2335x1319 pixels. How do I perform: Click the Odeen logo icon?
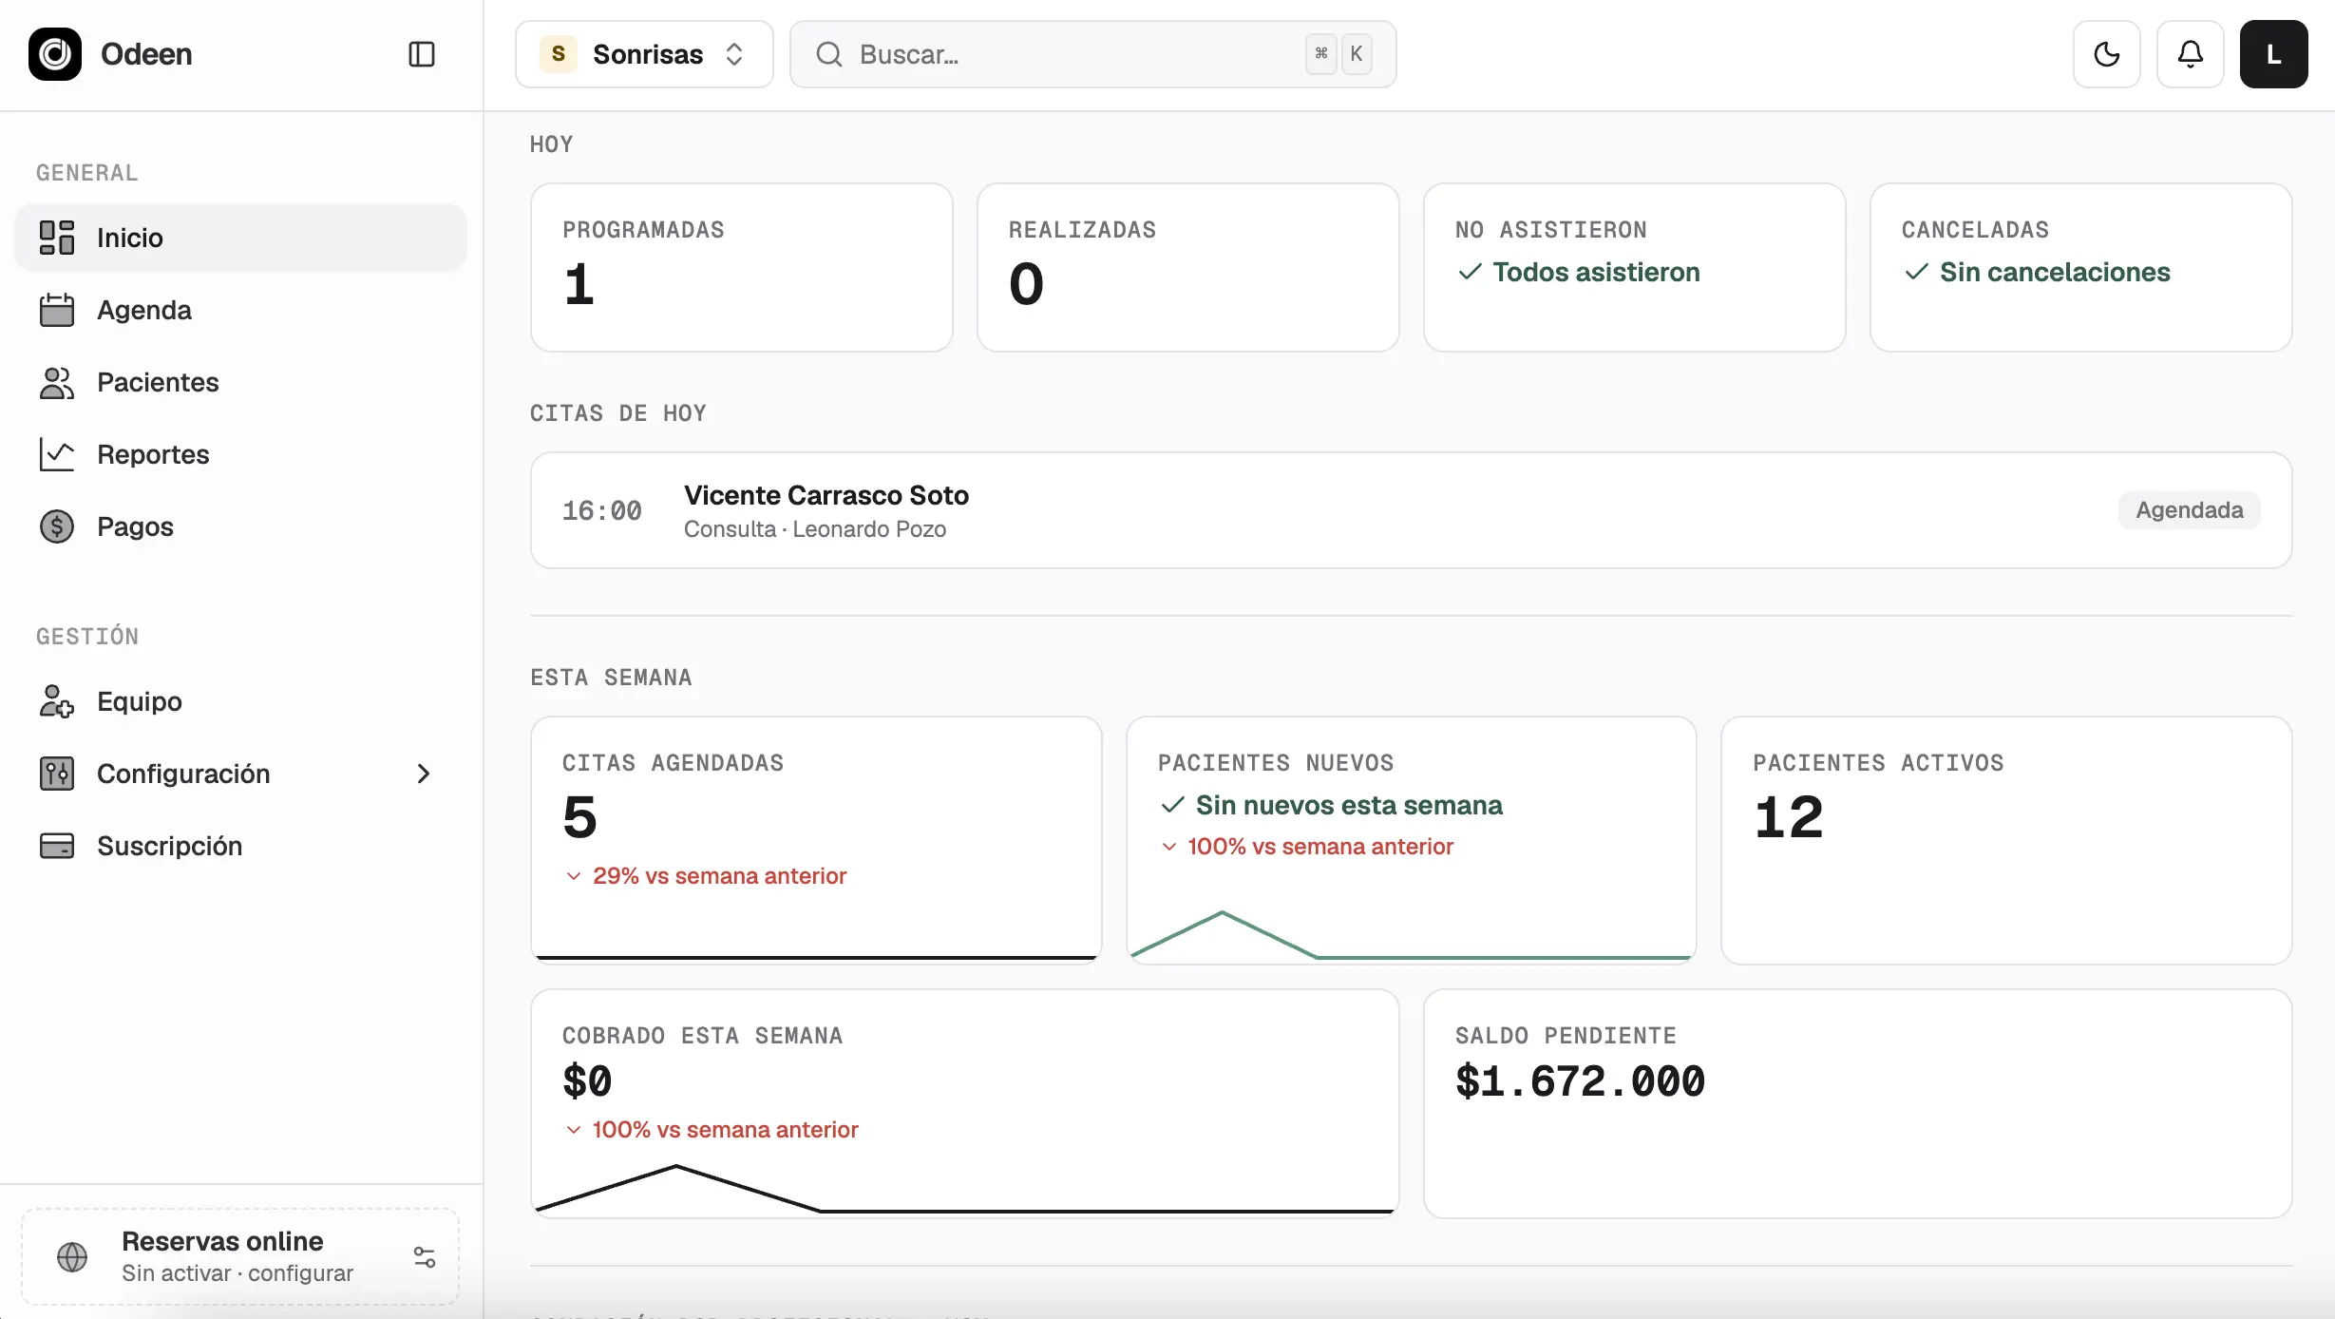tap(55, 54)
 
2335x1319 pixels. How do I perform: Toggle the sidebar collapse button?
tap(422, 54)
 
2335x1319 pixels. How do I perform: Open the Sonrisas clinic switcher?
tap(644, 54)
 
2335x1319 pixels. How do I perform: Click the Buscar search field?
tap(1092, 54)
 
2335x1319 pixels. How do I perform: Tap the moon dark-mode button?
tap(2107, 54)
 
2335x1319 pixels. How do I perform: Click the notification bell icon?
tap(2191, 54)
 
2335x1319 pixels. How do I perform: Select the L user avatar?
tap(2274, 54)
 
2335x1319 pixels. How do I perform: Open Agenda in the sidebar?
tap(144, 310)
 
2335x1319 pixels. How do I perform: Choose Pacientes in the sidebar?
tap(158, 382)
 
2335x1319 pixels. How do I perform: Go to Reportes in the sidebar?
tap(153, 454)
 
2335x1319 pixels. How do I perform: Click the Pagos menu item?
tap(135, 526)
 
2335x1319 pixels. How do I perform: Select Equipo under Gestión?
tap(140, 701)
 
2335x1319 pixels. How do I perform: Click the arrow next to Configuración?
tap(424, 774)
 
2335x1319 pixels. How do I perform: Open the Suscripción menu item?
tap(169, 846)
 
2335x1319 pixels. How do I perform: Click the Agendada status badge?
tap(2190, 510)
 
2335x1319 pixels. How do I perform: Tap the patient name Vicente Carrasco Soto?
tap(826, 495)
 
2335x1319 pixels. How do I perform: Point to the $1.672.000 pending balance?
tap(1580, 1081)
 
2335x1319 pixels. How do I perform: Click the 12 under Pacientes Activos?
tap(1789, 817)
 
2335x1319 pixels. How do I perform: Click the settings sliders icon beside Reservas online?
tap(425, 1257)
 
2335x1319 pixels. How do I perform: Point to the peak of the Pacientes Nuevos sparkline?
tap(1222, 913)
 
